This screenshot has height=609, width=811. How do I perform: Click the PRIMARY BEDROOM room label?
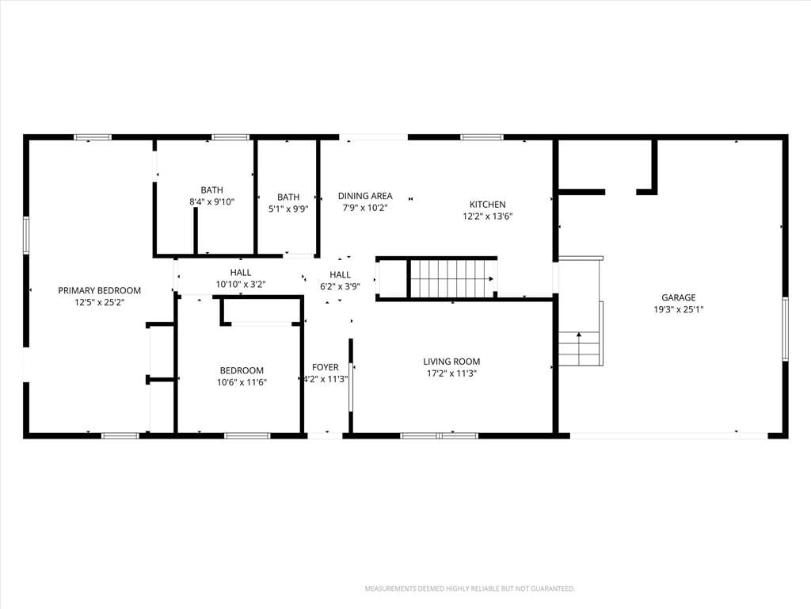(x=99, y=290)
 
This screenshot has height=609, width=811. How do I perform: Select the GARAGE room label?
(x=679, y=297)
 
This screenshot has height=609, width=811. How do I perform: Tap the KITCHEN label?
(x=488, y=204)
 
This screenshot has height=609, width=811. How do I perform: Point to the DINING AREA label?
(x=365, y=196)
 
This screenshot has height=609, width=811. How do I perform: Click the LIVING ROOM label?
(x=451, y=362)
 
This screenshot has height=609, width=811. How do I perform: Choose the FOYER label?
(x=326, y=367)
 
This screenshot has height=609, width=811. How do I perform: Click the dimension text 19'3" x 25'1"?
(x=679, y=310)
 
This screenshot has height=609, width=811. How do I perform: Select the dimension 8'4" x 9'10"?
(x=212, y=202)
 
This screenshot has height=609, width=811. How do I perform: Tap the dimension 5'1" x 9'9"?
(x=288, y=209)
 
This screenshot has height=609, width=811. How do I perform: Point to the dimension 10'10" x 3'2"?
(x=241, y=285)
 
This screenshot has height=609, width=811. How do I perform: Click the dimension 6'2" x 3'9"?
(x=341, y=286)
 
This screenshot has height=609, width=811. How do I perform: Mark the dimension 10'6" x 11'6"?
(x=242, y=383)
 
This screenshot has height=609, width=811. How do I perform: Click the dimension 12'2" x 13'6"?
(x=488, y=216)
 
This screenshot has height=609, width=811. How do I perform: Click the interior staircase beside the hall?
(x=452, y=279)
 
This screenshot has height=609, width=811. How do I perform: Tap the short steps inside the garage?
(x=579, y=349)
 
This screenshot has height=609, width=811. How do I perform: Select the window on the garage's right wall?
(x=785, y=329)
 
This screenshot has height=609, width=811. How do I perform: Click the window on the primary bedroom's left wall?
(x=26, y=236)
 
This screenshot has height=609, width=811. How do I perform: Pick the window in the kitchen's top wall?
(x=482, y=137)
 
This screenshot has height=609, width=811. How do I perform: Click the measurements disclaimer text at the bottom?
(x=470, y=589)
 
